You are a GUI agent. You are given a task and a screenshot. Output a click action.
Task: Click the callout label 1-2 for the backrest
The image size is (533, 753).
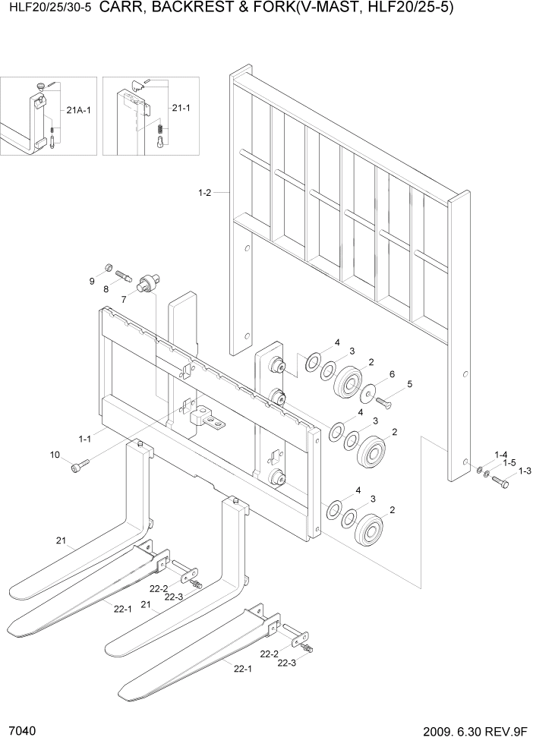[204, 194]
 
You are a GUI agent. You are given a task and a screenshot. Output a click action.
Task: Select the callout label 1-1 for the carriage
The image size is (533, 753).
[85, 438]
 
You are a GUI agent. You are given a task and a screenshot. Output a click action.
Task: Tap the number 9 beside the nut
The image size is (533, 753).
[92, 282]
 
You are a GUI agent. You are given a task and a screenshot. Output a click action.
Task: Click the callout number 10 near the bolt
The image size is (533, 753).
[54, 455]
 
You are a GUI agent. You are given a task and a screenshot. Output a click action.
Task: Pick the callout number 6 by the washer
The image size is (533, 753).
[391, 375]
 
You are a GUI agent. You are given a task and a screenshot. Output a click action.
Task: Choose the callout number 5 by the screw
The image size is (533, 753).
[409, 384]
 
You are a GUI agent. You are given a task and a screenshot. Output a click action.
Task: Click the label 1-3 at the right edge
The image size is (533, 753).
[525, 471]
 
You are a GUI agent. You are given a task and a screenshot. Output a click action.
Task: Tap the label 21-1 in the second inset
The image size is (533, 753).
[181, 108]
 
